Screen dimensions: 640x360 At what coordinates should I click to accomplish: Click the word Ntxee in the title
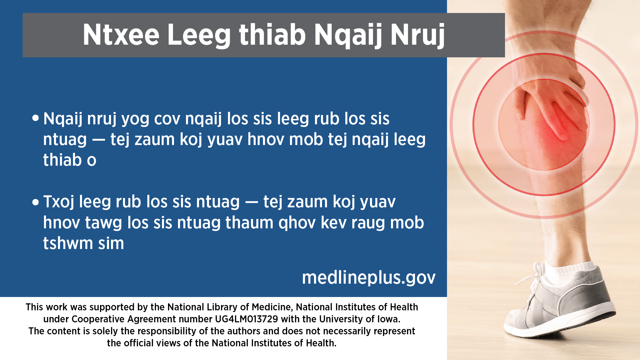click(121, 35)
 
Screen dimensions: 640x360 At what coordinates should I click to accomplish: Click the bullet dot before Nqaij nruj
click(36, 118)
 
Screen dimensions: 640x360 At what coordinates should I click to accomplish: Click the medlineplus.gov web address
click(369, 277)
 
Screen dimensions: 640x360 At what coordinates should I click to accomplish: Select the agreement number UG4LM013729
click(246, 319)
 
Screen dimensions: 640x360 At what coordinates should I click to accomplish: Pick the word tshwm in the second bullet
click(68, 243)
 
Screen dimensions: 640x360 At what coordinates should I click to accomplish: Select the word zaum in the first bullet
click(155, 140)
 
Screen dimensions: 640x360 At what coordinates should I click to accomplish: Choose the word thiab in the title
click(272, 35)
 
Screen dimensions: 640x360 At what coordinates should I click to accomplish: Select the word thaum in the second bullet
click(249, 223)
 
